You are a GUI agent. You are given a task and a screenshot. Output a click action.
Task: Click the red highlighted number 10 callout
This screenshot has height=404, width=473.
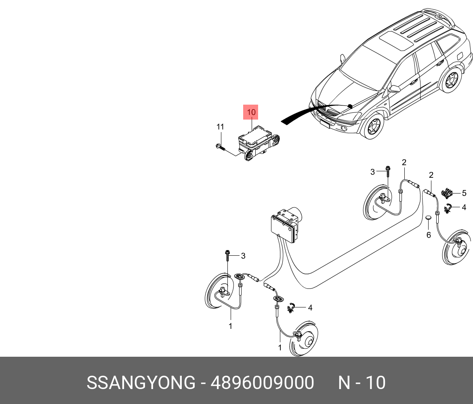click(251, 112)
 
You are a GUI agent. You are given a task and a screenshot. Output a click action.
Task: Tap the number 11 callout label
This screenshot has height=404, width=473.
click(220, 127)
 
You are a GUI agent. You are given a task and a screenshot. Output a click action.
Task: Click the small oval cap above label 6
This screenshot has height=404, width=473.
click(428, 218)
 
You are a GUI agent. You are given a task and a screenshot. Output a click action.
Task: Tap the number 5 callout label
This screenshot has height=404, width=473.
click(464, 193)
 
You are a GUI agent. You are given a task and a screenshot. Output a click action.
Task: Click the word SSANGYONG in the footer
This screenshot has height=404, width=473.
click(141, 383)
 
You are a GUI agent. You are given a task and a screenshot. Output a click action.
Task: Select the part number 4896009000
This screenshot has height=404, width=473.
click(262, 383)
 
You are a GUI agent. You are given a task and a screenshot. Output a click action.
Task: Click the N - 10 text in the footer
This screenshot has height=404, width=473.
click(362, 383)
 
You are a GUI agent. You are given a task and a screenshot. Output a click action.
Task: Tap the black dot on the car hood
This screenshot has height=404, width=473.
click(350, 106)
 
